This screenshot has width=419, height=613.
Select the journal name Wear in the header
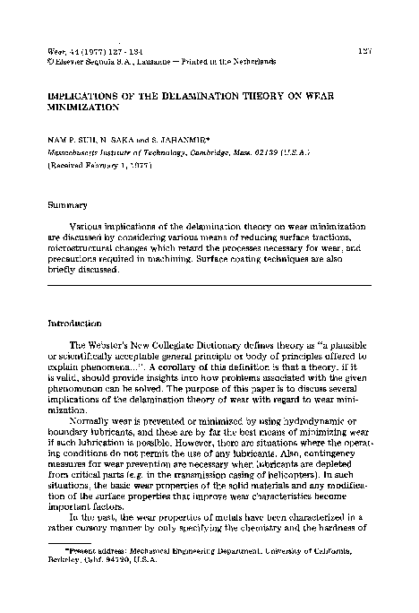click(56, 51)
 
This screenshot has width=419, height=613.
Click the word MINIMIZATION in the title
click(84, 105)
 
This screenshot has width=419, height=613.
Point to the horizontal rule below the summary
click(209, 285)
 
